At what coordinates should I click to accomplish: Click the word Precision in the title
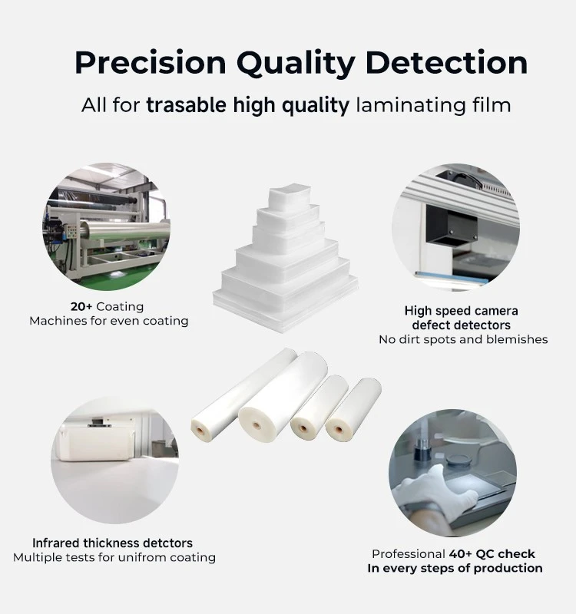[x=151, y=63]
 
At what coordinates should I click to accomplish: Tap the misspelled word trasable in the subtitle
[x=186, y=105]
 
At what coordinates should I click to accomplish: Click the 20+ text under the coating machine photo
[x=81, y=306]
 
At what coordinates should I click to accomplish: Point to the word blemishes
[x=517, y=339]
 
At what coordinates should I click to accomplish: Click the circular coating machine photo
[x=106, y=226]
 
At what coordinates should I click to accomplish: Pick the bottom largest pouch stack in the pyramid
[x=285, y=303]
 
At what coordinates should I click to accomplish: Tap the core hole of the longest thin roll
[x=200, y=431]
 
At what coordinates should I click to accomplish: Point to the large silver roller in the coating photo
[x=124, y=230]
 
